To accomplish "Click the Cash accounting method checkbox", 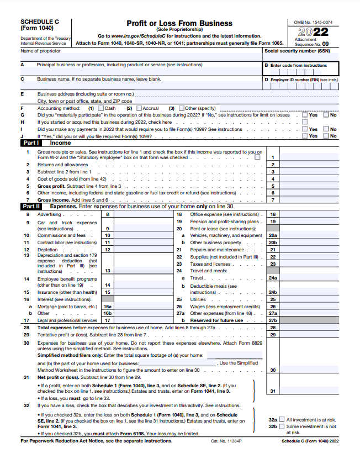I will click(101, 108).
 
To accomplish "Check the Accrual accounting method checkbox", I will click(139, 108).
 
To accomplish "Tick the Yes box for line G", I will click(305, 115).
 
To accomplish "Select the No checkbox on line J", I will click(326, 136).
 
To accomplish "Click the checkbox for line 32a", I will click(282, 419).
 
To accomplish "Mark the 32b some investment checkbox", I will click(282, 426).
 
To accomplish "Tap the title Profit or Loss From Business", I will click(179, 23).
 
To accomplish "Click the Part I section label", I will click(30, 143).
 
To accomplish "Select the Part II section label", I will click(30, 206).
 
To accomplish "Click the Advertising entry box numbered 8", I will click(107, 214).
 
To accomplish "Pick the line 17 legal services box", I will click(107, 320).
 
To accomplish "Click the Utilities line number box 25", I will click(273, 299).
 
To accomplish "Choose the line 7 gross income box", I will click(273, 199).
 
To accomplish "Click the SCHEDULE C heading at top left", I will click(38, 22).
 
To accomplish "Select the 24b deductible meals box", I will click(273, 292).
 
